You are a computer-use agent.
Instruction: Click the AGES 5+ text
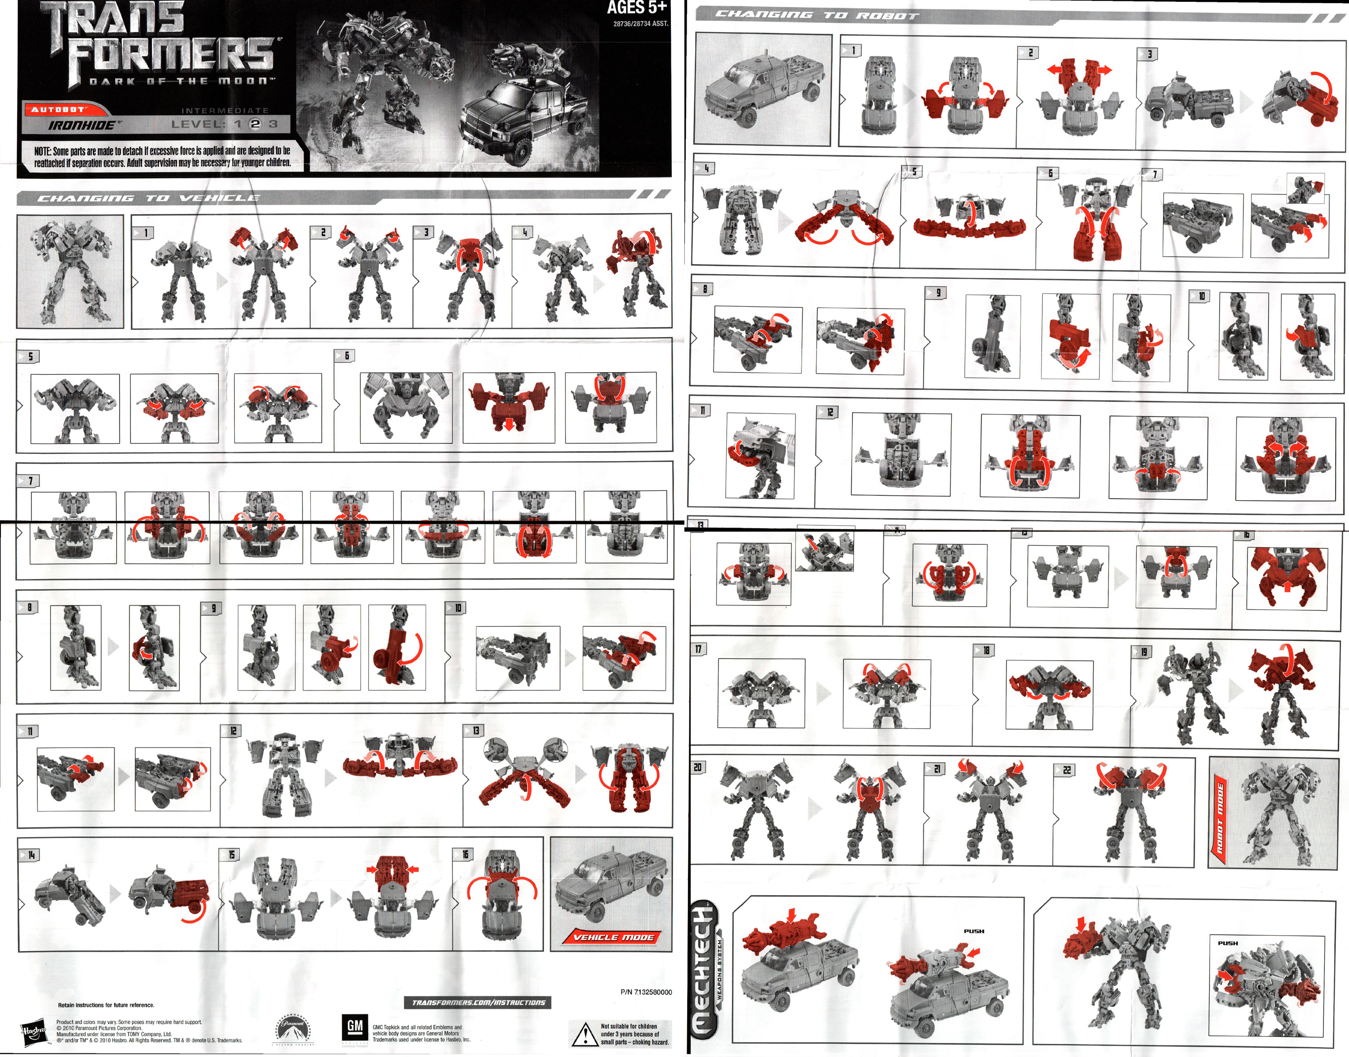[x=636, y=8]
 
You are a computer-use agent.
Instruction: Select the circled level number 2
[x=255, y=124]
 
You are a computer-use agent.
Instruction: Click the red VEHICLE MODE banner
[x=613, y=937]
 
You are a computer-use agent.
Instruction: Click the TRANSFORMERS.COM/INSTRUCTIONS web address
[x=478, y=1003]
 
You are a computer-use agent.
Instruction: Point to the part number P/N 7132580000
[x=646, y=992]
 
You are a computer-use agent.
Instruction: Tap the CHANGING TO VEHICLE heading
[x=148, y=198]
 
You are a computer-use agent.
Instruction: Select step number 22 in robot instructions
[x=1066, y=770]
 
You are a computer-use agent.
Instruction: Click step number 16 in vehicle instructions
[x=465, y=855]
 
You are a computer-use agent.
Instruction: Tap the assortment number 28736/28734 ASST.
[x=640, y=23]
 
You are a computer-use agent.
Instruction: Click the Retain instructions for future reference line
[x=106, y=1005]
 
